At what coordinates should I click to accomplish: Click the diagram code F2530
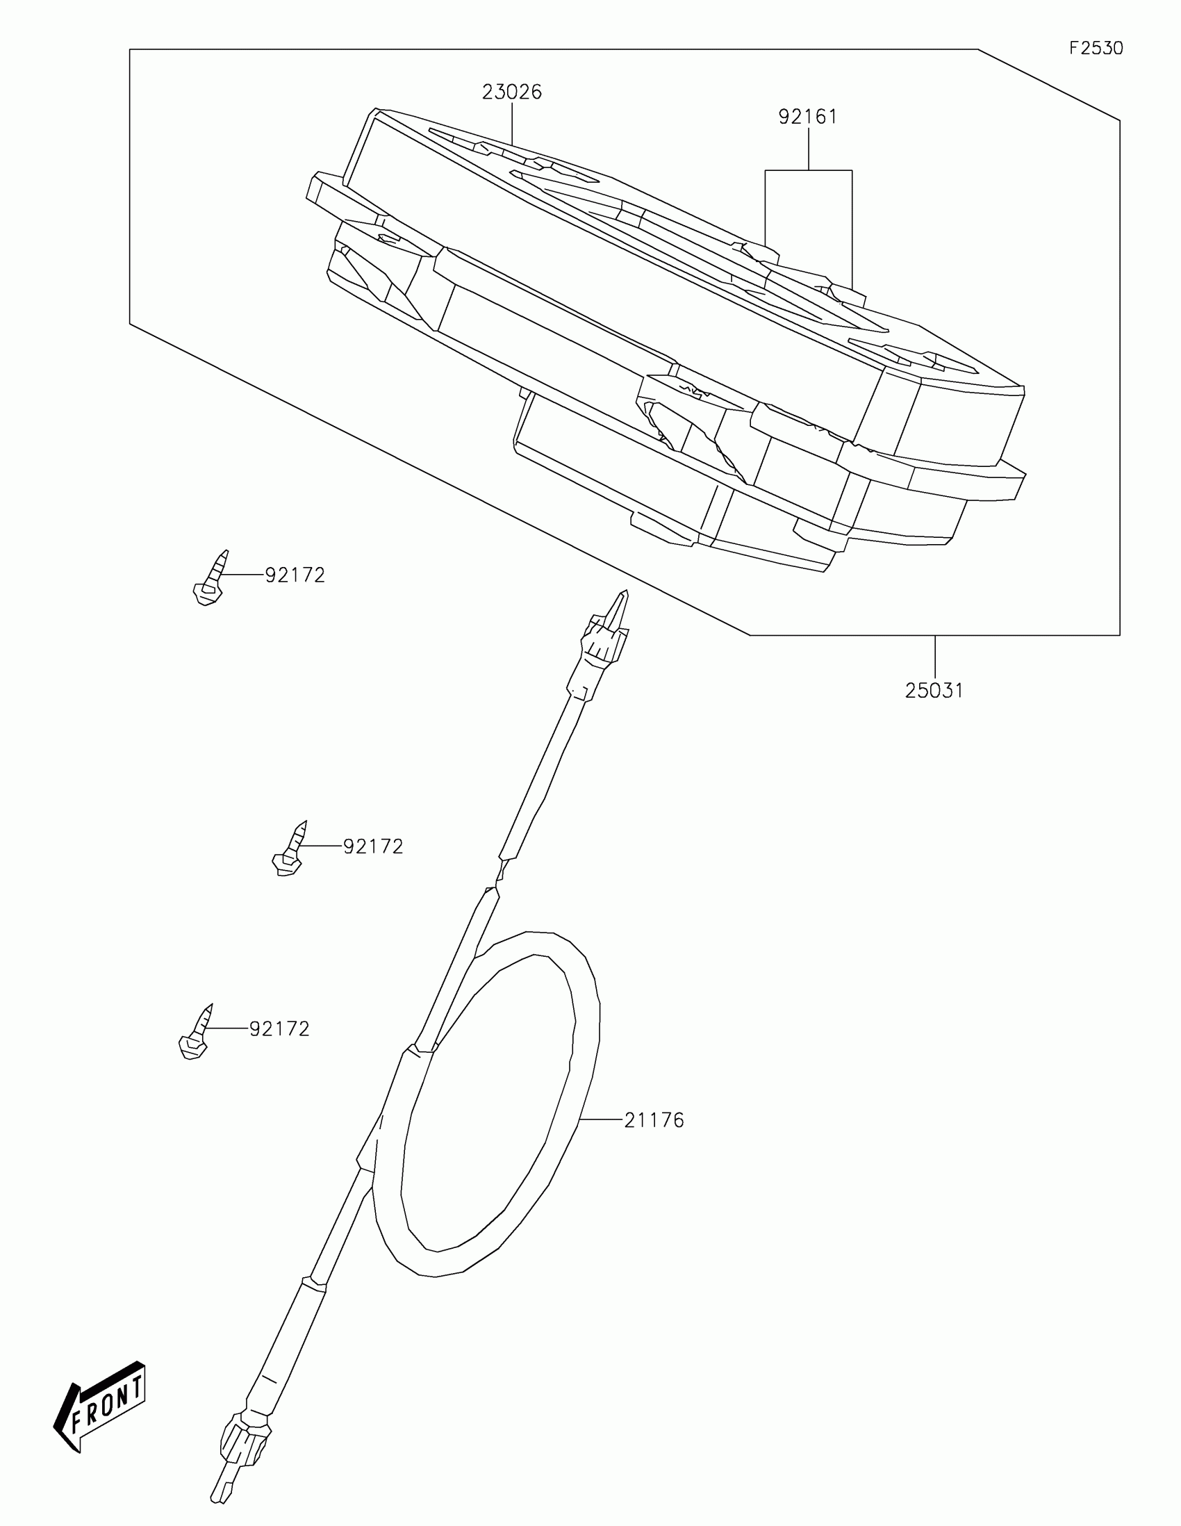tap(1096, 48)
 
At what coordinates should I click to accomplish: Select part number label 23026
tap(511, 92)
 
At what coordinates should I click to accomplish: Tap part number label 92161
tap(807, 117)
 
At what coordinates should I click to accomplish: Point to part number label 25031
tap(934, 691)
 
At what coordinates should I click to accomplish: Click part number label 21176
tap(654, 1121)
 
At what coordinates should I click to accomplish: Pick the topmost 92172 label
tap(295, 575)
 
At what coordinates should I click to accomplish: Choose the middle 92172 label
tap(373, 846)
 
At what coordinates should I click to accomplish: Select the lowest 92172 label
tap(279, 1028)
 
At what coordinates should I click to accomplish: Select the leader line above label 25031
tap(934, 657)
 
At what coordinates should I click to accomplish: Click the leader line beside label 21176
tap(600, 1120)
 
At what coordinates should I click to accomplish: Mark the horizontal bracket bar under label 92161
tap(808, 170)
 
